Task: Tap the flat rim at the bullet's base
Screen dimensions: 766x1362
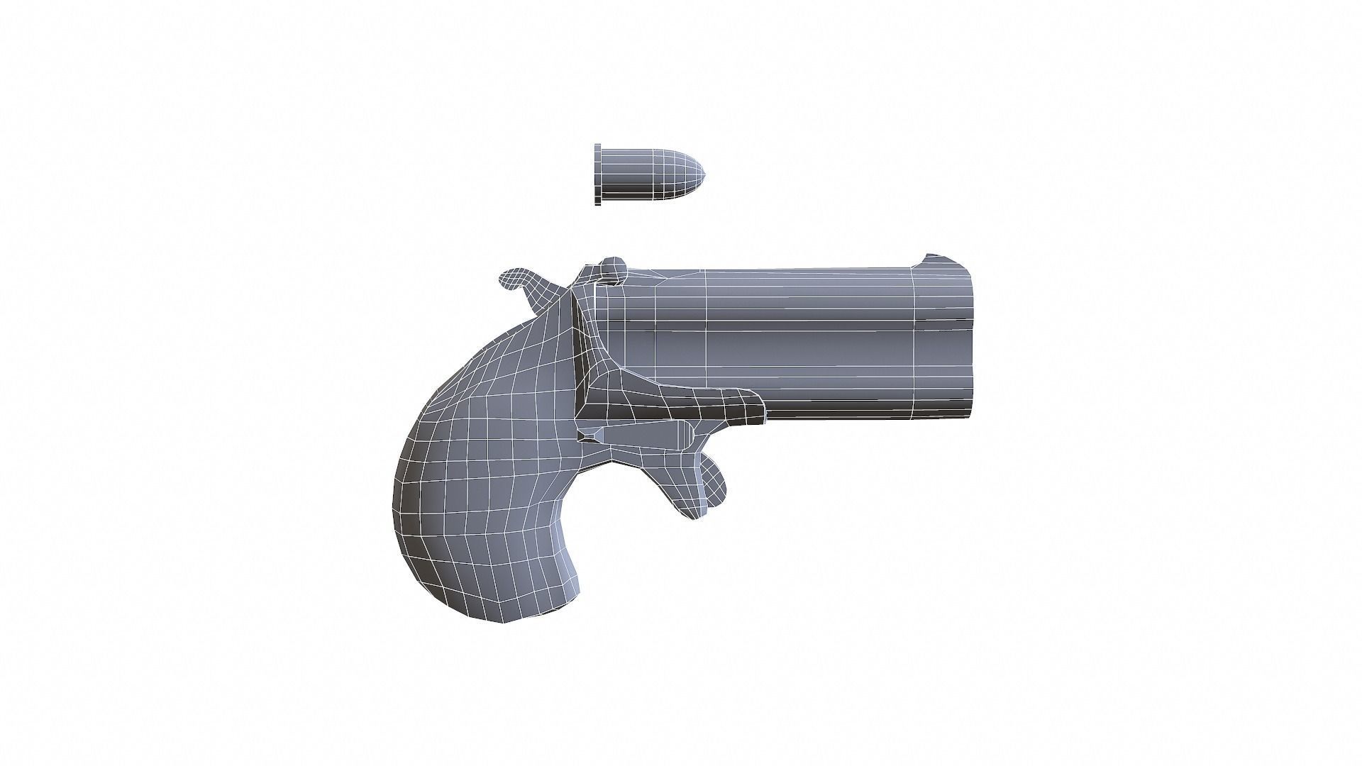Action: [598, 174]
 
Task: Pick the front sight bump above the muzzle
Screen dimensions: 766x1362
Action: [931, 257]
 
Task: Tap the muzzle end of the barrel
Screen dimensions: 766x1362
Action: [970, 340]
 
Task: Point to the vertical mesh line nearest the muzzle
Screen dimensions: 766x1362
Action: [914, 340]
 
